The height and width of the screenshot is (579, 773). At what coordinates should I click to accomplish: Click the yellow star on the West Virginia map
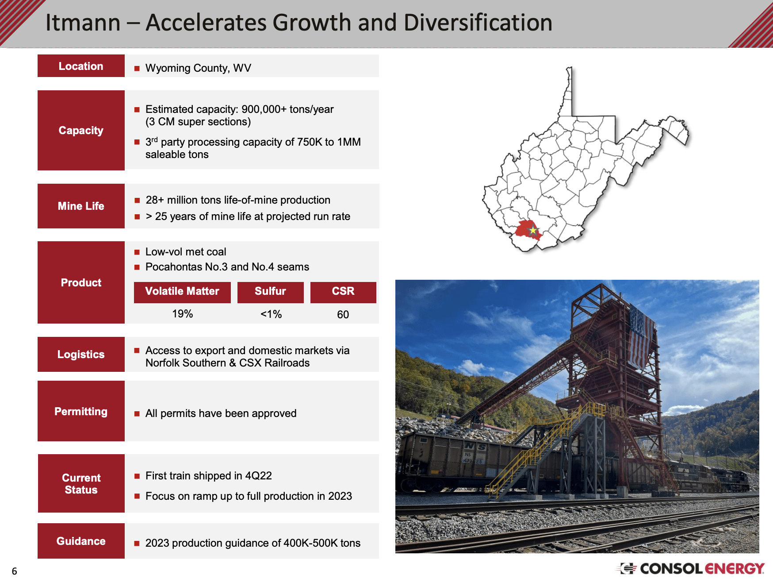(x=533, y=230)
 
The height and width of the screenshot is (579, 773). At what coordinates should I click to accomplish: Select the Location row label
(x=81, y=66)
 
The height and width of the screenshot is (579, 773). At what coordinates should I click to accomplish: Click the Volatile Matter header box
(x=182, y=292)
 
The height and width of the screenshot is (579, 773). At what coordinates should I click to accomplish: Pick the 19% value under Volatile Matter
(x=182, y=314)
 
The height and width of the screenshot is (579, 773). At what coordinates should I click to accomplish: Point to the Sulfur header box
(x=270, y=292)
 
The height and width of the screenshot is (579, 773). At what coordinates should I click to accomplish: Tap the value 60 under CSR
(x=343, y=315)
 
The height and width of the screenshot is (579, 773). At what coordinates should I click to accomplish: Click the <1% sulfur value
(x=271, y=314)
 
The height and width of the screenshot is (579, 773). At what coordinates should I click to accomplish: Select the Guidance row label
(x=81, y=541)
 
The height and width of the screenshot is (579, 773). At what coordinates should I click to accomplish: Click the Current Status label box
(x=81, y=483)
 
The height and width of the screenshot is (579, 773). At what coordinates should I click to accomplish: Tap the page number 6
(x=14, y=571)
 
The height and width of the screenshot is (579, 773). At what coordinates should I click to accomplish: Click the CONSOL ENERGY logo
(x=693, y=568)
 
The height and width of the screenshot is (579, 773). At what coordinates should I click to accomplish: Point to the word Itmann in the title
(x=83, y=23)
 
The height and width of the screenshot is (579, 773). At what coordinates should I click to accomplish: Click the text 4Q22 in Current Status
(x=258, y=476)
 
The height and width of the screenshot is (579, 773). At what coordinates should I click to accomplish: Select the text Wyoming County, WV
(x=198, y=68)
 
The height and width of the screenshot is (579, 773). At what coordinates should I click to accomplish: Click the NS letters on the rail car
(x=475, y=447)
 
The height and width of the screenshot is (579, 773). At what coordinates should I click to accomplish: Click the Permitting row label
(x=81, y=411)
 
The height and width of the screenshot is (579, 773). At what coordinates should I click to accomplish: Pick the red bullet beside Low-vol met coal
(x=137, y=252)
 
